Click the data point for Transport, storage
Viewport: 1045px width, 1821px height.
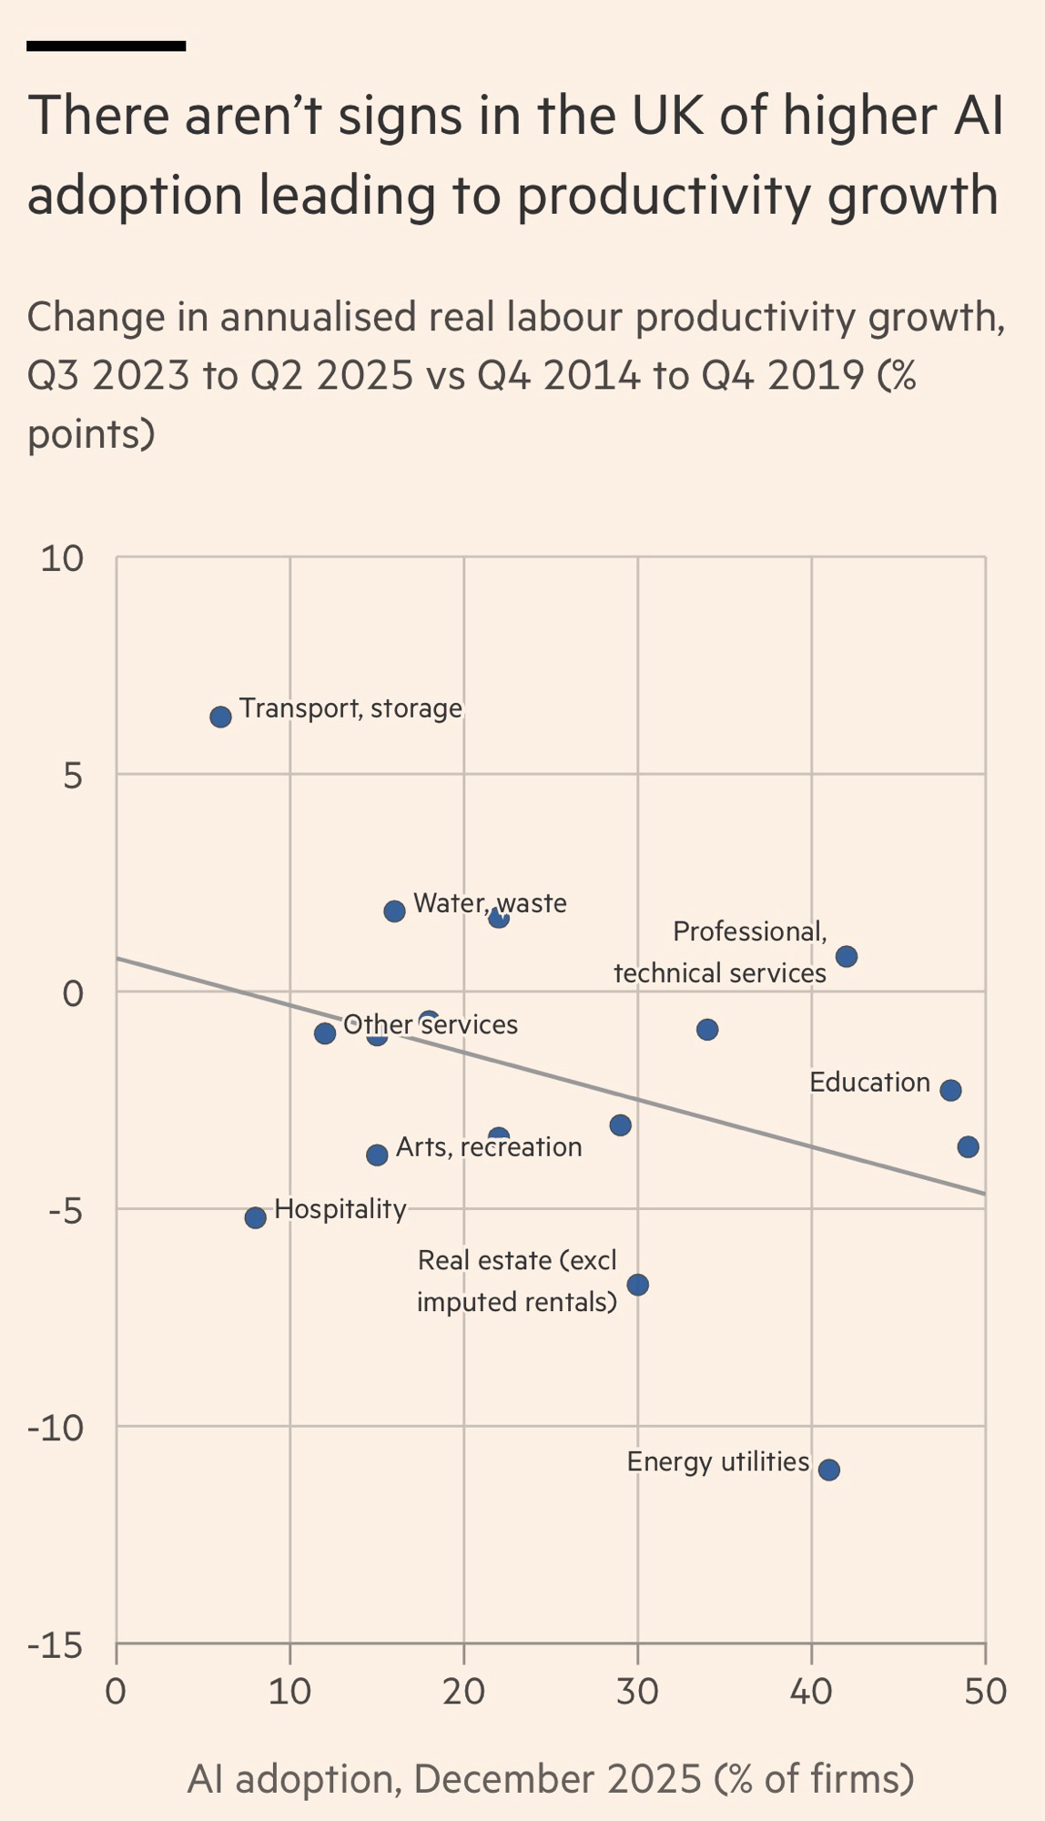point(220,717)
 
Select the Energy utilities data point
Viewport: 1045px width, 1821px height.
point(828,1470)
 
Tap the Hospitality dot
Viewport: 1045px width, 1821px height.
point(256,1217)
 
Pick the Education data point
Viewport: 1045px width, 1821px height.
point(950,1090)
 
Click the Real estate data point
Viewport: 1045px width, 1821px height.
point(637,1285)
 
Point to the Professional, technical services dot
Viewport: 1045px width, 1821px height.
point(846,956)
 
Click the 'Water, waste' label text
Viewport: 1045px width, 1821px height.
point(490,903)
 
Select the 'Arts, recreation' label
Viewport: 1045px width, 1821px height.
point(489,1146)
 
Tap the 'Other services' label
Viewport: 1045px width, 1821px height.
point(431,1024)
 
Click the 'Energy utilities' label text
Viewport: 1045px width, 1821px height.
point(717,1461)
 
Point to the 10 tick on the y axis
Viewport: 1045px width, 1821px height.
point(62,559)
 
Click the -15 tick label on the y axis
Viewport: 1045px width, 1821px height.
point(55,1645)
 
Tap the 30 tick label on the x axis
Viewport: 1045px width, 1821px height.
point(637,1691)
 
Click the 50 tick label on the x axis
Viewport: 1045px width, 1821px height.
point(985,1691)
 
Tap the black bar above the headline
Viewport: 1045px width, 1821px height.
point(106,46)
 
